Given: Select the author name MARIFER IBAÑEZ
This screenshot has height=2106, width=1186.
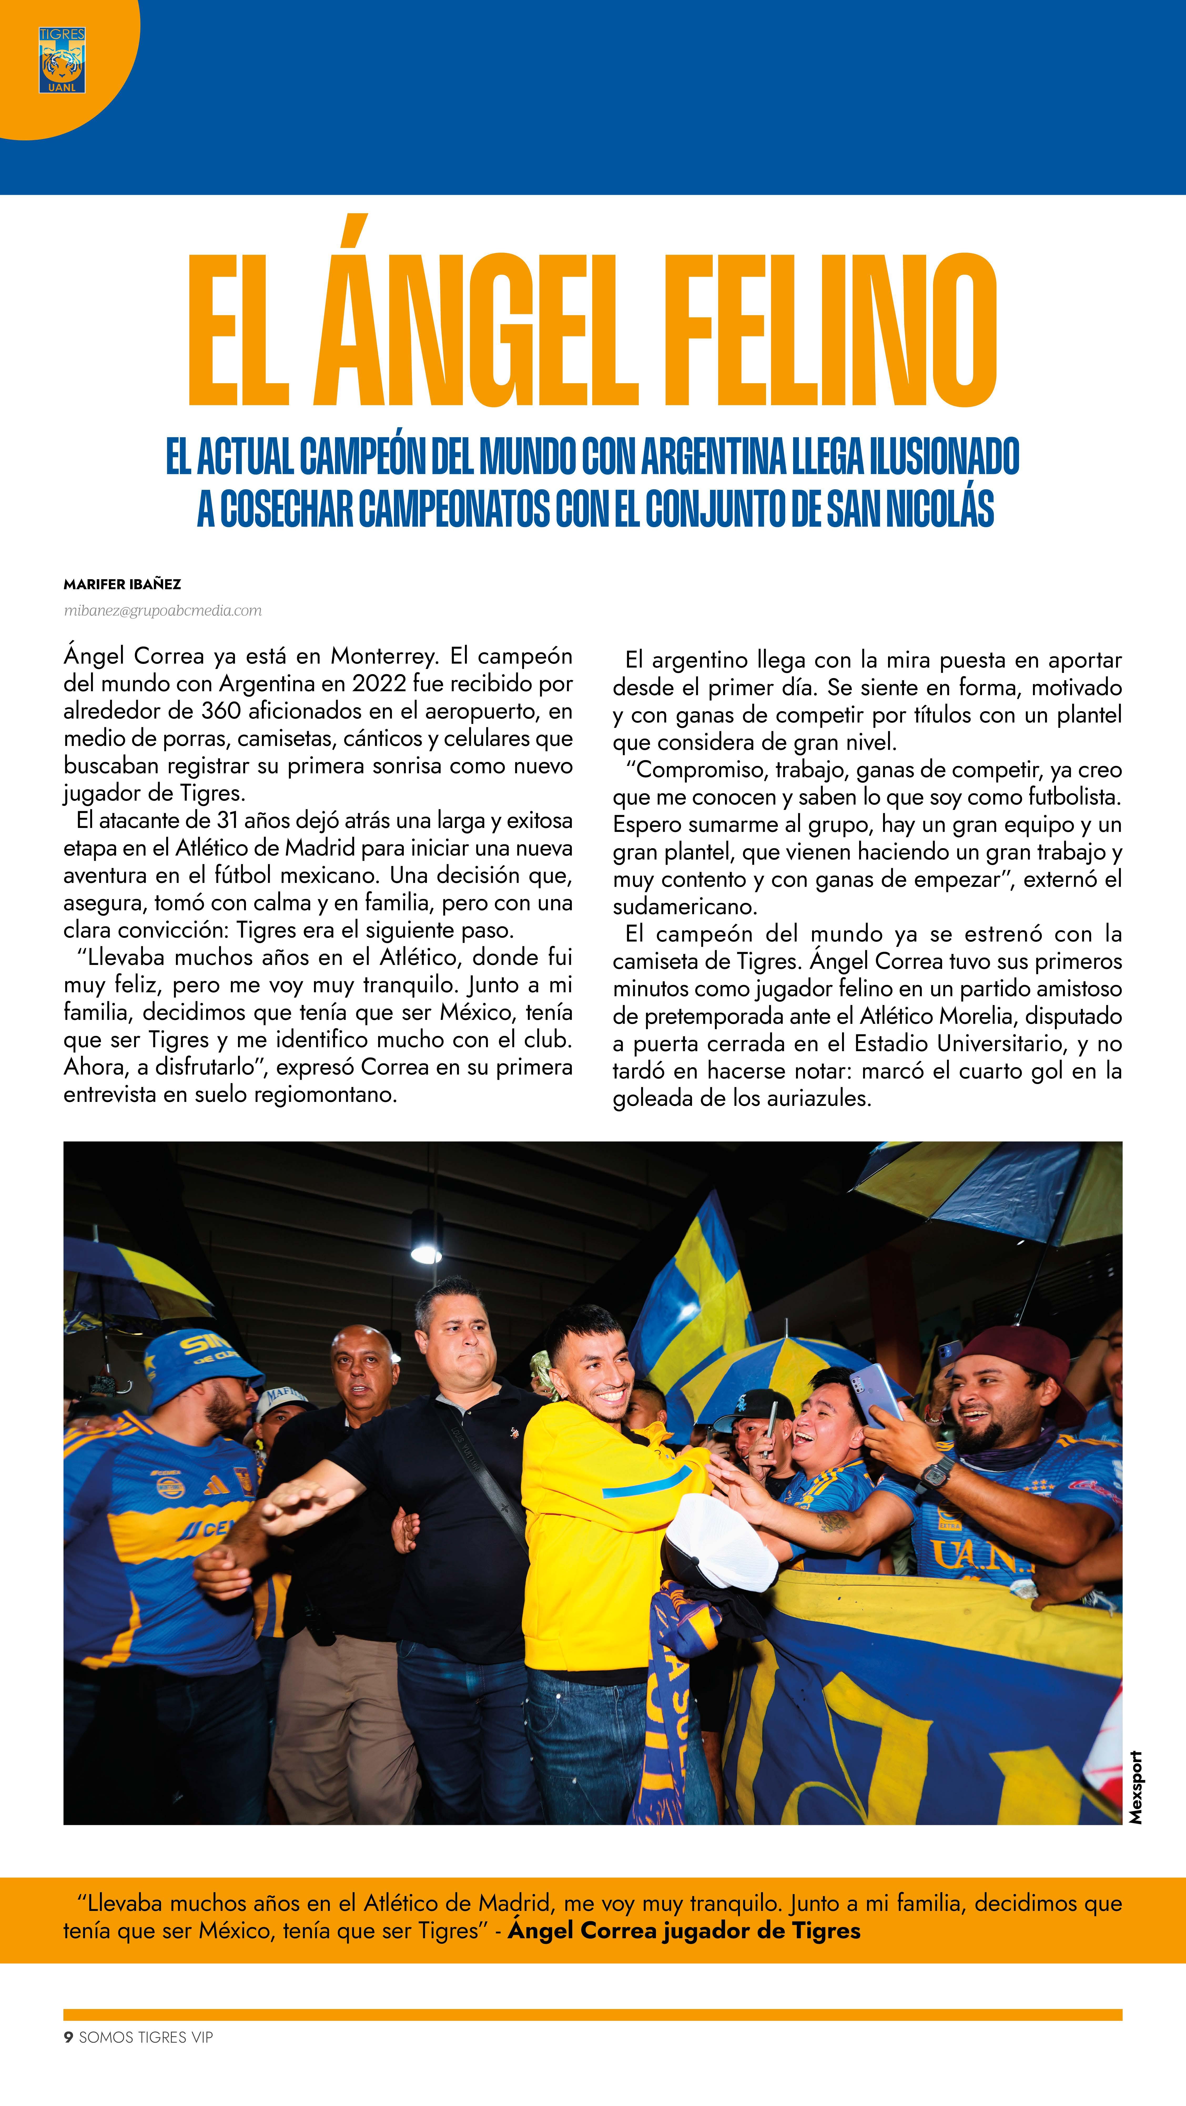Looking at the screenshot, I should pyautogui.click(x=122, y=584).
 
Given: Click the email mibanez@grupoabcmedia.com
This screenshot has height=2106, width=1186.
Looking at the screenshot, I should pyautogui.click(x=163, y=611).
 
